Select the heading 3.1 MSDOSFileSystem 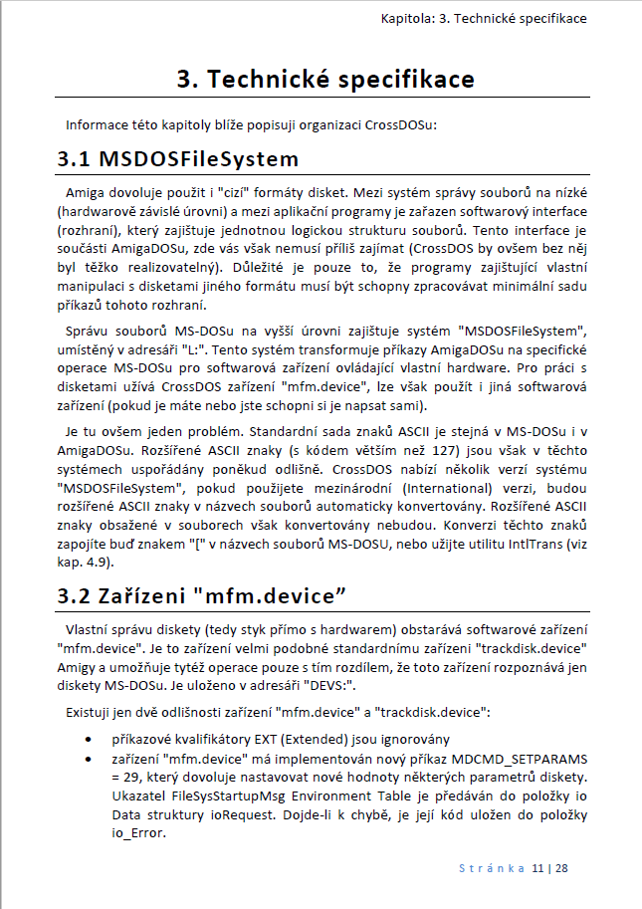[177, 158]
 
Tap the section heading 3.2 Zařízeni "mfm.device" [202, 596]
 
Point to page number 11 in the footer [538, 869]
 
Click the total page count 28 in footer [561, 869]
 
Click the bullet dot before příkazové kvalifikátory [92, 739]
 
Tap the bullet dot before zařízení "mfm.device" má [92, 758]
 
